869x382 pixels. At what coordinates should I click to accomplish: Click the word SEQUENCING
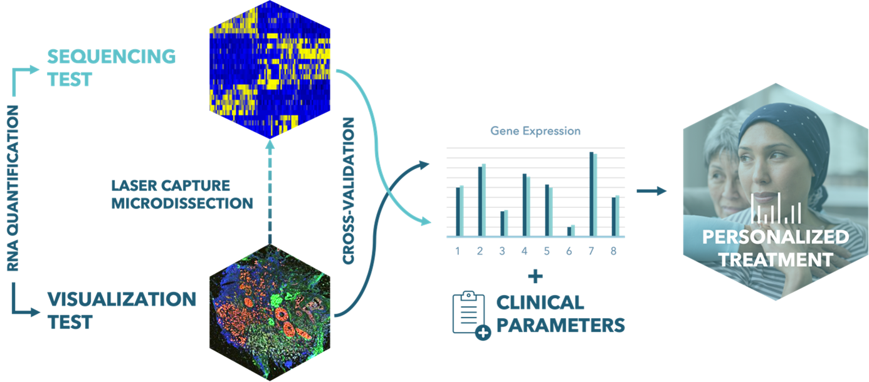(112, 56)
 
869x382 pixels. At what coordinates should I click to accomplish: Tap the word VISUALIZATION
(122, 299)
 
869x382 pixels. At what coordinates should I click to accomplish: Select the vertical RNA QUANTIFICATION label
(13, 188)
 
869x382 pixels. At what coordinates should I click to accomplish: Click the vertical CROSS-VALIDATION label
(349, 191)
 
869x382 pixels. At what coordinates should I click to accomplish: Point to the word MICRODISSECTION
(182, 204)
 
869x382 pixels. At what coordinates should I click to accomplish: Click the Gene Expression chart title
(535, 131)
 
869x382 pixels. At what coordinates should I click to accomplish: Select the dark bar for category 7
(592, 194)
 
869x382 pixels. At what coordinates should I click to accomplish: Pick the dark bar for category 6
(569, 231)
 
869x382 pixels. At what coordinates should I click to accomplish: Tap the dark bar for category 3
(502, 224)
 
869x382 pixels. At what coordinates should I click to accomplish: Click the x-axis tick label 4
(525, 251)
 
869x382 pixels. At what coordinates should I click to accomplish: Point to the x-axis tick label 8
(613, 251)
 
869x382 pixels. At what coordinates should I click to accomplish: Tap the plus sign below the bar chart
(535, 277)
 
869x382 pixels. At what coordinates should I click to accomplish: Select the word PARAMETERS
(561, 325)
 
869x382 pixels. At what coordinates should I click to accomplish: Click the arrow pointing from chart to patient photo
(652, 190)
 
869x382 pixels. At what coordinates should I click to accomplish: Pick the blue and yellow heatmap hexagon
(270, 70)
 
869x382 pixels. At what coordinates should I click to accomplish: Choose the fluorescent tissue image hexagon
(270, 312)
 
